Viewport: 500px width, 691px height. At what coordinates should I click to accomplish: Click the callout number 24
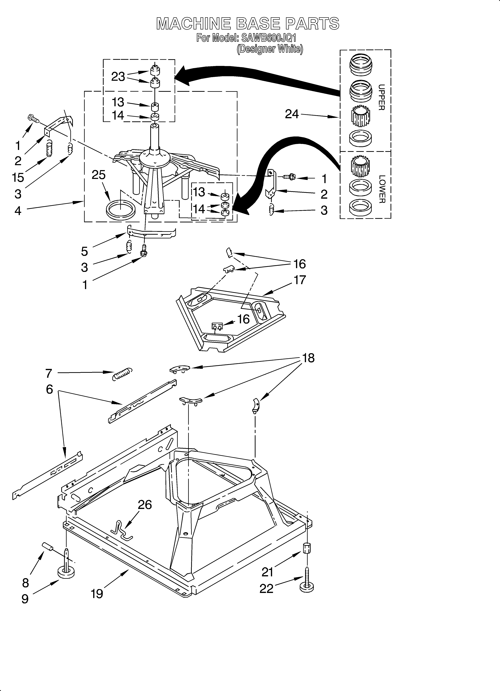click(x=292, y=114)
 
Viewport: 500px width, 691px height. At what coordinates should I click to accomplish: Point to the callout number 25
click(x=99, y=175)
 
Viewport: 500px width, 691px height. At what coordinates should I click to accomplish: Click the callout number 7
click(x=49, y=373)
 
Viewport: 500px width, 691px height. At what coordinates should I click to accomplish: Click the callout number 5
click(x=84, y=251)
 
